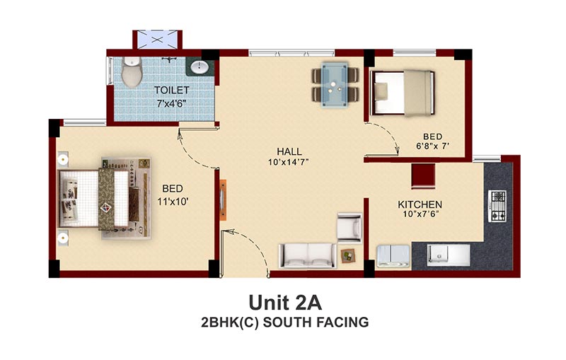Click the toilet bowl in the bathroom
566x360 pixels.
(x=132, y=71)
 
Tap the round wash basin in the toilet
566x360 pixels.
(x=199, y=67)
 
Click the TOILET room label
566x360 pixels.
(x=171, y=90)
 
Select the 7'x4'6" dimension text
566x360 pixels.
(x=171, y=103)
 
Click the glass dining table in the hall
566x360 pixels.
(x=335, y=85)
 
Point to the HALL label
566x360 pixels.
(x=289, y=151)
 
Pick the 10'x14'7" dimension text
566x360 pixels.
(x=289, y=163)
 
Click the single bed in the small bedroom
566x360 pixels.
(x=402, y=93)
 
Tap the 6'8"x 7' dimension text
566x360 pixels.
(x=432, y=146)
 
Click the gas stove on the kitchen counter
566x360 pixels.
(x=497, y=207)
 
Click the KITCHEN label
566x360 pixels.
(x=420, y=204)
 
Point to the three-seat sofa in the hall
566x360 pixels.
(x=307, y=256)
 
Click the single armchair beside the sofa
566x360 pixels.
(x=350, y=228)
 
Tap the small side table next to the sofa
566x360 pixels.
(x=348, y=256)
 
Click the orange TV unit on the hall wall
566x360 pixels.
(x=223, y=199)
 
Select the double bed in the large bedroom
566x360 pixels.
(x=105, y=199)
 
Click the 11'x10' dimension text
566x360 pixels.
(x=173, y=202)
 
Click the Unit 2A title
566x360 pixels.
(x=285, y=303)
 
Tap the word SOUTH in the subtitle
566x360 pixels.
(x=287, y=322)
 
